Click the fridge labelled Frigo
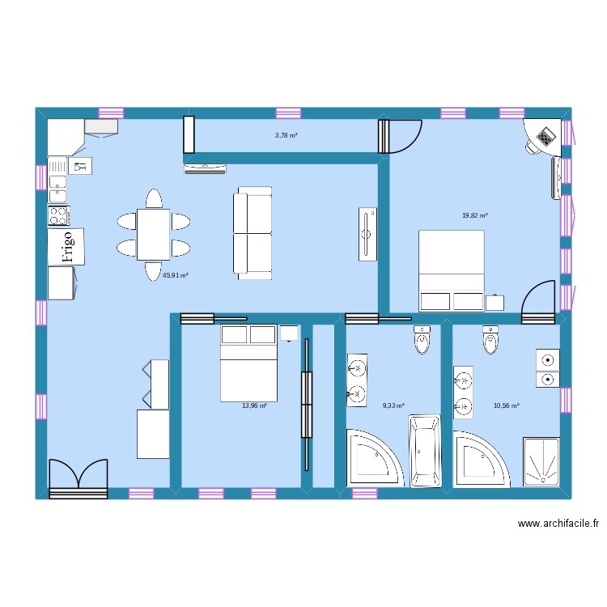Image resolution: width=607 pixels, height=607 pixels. [x=66, y=245]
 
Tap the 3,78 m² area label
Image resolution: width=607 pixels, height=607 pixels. [x=286, y=135]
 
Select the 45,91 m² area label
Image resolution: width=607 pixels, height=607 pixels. [x=176, y=275]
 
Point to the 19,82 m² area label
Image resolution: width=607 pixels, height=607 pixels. [x=474, y=215]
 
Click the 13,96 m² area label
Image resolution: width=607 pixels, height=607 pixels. [x=254, y=406]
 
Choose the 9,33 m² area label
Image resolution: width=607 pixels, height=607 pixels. [x=393, y=406]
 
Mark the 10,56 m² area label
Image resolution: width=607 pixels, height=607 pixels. [x=506, y=406]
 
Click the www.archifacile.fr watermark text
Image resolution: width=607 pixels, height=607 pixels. [x=558, y=524]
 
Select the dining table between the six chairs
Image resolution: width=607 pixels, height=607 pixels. [x=154, y=234]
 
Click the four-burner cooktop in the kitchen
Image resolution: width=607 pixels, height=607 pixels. [x=59, y=215]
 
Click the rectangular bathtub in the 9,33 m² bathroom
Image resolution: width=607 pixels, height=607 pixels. [x=424, y=452]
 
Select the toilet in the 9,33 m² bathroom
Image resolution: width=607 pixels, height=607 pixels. [x=423, y=341]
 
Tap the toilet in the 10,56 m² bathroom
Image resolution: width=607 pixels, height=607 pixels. [x=490, y=341]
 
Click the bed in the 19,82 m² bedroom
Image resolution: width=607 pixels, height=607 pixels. [x=451, y=270]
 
